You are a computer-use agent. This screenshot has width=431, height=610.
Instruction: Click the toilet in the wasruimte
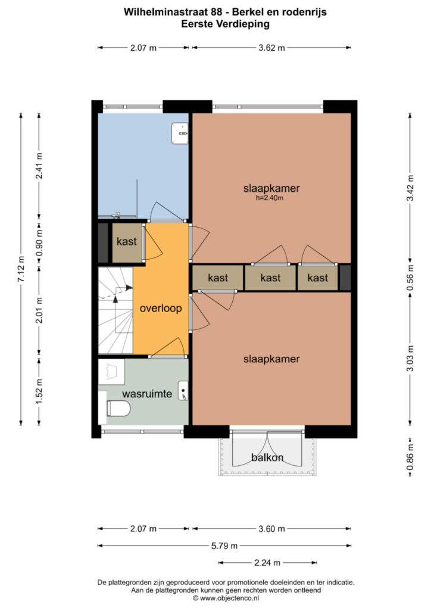coord(117,409)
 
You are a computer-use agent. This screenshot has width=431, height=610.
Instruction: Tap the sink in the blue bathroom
coord(180,133)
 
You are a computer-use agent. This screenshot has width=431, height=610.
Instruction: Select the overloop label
coord(160,309)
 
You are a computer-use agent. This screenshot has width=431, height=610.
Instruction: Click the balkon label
coord(267,457)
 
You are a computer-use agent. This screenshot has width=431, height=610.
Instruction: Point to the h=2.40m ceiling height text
coord(271,198)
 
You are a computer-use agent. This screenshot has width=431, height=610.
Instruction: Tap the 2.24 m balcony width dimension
coord(267,562)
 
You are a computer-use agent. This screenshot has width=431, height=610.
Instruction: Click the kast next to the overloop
coord(127,242)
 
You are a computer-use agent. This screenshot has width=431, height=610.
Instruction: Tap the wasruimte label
coord(147,394)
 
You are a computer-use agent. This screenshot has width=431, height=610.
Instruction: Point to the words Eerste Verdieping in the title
coord(225,24)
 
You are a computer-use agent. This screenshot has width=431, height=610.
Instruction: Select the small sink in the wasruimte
coord(183,391)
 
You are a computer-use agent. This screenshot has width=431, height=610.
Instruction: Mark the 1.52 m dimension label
coord(39,391)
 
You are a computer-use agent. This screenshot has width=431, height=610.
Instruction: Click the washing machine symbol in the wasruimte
coord(111,372)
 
